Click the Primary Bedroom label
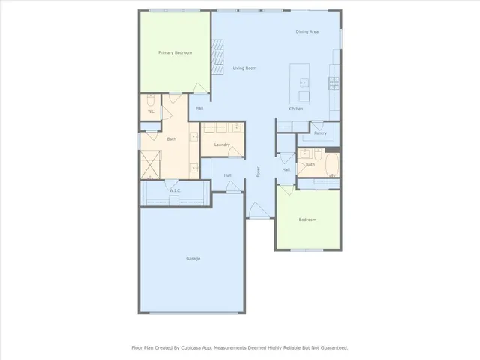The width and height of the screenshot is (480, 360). point(175,52)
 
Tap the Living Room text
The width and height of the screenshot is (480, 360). point(244,68)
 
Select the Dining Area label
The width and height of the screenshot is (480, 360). point(307,31)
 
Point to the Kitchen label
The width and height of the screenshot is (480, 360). point(295,109)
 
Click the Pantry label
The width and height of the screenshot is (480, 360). point(320,133)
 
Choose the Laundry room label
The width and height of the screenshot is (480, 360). point(221,145)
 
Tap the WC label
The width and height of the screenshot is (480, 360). point(151,111)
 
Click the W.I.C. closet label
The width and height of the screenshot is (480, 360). point(175,190)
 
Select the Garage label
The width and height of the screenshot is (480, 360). point(193,258)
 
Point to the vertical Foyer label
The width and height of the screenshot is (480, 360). point(259,172)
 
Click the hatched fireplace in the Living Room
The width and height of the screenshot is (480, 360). point(218,58)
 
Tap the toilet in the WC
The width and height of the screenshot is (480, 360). point(150,100)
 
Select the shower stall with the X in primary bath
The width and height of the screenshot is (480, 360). point(151,164)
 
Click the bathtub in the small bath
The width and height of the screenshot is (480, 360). point(332,164)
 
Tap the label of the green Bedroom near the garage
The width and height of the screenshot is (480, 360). point(307,220)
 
